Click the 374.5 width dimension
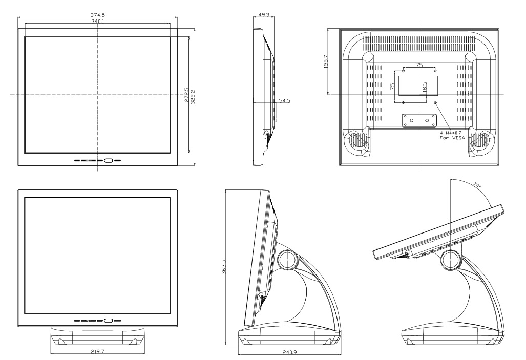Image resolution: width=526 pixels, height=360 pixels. tap(98, 16)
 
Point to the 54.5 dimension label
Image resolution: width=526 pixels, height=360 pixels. tap(285, 101)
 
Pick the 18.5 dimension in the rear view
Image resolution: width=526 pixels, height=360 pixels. tap(424, 88)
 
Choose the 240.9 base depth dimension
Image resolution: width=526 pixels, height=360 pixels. tap(289, 353)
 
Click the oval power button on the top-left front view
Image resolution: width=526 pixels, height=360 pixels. tap(108, 160)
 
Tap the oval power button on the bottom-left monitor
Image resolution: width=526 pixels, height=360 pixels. tap(108, 321)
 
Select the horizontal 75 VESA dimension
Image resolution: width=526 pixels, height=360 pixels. tap(418, 65)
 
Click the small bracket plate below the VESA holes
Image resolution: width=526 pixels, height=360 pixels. tap(419, 119)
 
